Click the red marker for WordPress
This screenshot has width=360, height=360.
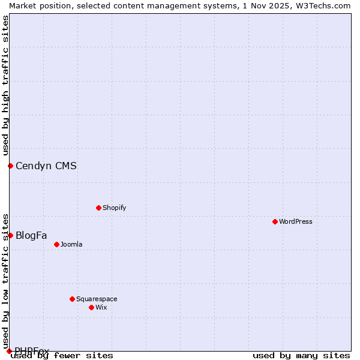(x=275, y=221)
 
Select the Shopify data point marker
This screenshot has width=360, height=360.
(x=98, y=208)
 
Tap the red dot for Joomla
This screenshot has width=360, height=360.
(x=56, y=244)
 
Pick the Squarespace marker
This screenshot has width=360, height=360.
(x=72, y=299)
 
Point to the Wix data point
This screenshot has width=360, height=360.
(x=91, y=307)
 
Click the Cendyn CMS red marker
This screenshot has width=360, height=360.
(x=10, y=166)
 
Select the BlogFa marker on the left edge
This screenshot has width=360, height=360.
(x=10, y=235)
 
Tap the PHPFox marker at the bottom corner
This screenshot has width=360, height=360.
(x=9, y=351)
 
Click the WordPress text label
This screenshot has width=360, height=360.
(x=296, y=221)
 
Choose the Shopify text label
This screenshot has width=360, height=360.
(x=114, y=208)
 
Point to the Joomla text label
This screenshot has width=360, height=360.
(x=71, y=244)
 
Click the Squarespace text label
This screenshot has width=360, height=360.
(x=97, y=299)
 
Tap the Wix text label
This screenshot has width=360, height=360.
(x=101, y=307)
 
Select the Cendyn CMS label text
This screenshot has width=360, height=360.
(x=46, y=166)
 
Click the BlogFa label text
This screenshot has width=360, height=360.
(x=31, y=235)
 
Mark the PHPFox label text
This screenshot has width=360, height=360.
(x=32, y=351)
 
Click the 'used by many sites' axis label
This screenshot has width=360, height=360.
(x=301, y=356)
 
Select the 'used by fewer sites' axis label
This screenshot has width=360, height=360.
(x=62, y=356)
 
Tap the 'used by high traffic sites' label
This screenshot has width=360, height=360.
(x=5, y=85)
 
